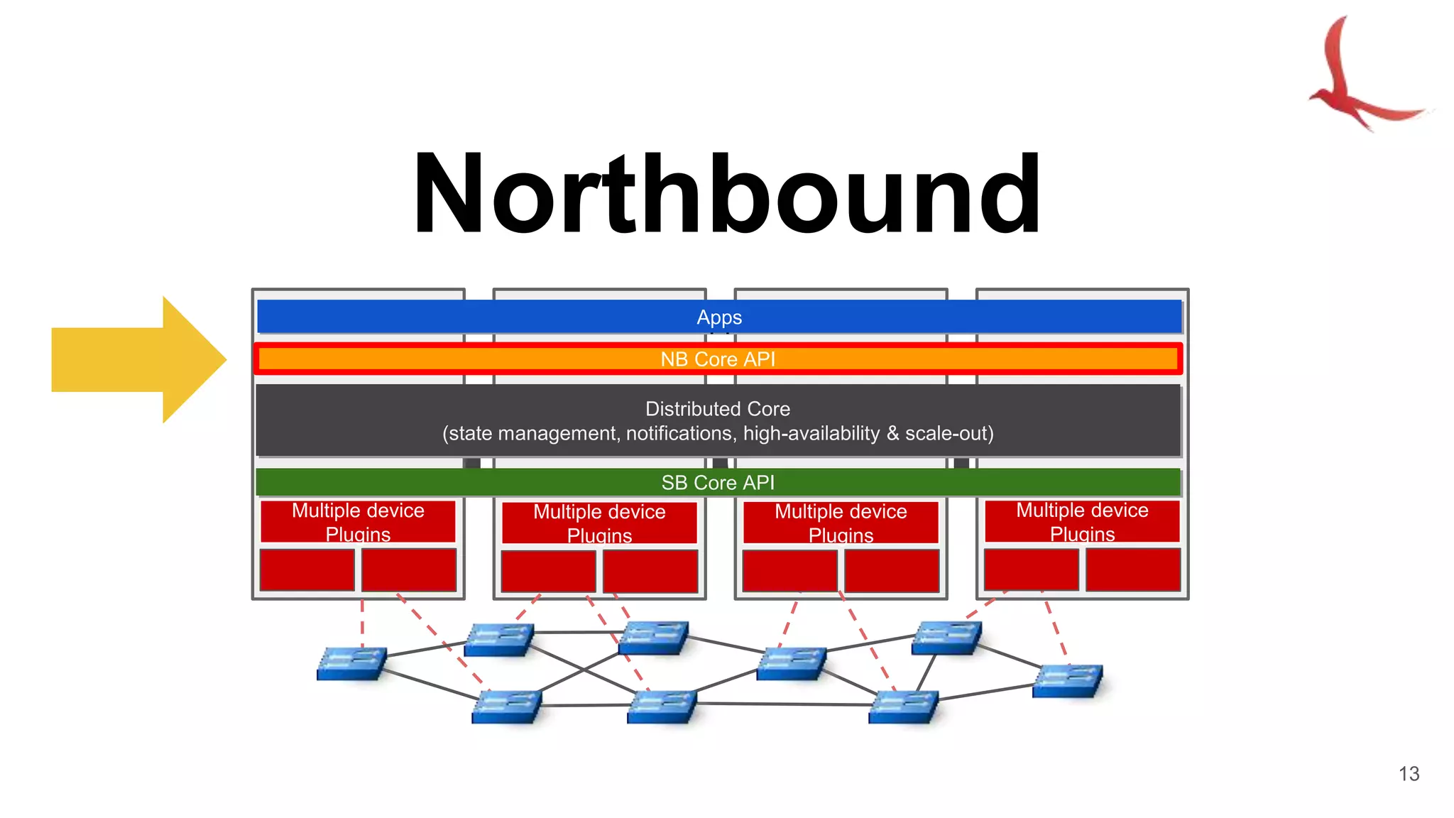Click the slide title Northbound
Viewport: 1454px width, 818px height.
click(x=727, y=195)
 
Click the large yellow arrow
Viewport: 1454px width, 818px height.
click(x=138, y=359)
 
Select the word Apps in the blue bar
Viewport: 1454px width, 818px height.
click(x=719, y=317)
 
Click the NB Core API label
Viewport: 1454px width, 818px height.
click(x=718, y=359)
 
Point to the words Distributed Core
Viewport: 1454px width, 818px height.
click(x=717, y=409)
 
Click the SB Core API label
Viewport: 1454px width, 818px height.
click(x=718, y=483)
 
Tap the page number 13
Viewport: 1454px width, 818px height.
click(x=1409, y=773)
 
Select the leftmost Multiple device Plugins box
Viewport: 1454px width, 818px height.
click(x=358, y=522)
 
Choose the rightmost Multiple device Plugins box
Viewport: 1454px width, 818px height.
click(x=1082, y=522)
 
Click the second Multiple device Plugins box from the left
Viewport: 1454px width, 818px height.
click(x=599, y=523)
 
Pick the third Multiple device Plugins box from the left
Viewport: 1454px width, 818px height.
click(x=841, y=523)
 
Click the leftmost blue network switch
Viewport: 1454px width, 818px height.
click(x=352, y=663)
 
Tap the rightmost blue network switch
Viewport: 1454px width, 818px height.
click(x=1068, y=680)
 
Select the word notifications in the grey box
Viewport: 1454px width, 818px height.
click(x=680, y=433)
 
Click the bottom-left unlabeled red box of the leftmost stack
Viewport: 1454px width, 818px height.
click(x=307, y=569)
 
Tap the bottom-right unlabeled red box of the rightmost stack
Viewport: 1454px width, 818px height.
click(x=1132, y=569)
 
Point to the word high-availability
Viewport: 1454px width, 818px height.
click(x=811, y=433)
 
